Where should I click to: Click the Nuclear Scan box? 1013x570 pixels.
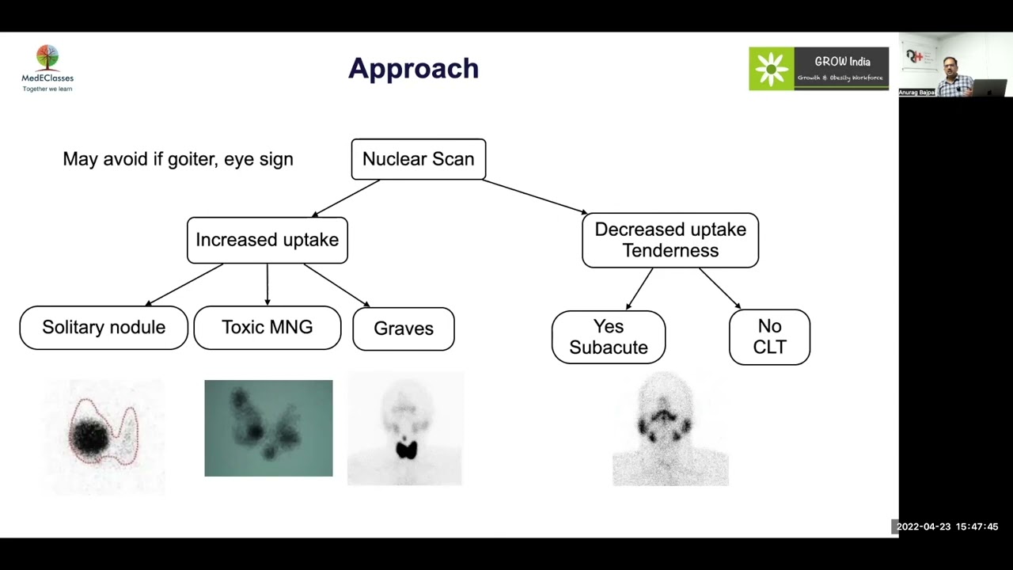pyautogui.click(x=418, y=159)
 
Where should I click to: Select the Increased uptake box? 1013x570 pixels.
pyautogui.click(x=267, y=240)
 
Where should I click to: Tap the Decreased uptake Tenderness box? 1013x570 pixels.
pyautogui.click(x=670, y=240)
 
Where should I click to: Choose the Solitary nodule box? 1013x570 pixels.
pyautogui.click(x=104, y=328)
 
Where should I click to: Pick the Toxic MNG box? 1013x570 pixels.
pyautogui.click(x=267, y=328)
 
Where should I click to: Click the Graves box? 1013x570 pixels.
pyautogui.click(x=403, y=329)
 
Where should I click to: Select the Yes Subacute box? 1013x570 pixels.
pyautogui.click(x=608, y=337)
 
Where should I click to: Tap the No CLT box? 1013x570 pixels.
pyautogui.click(x=769, y=337)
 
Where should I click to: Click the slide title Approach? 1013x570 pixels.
pyautogui.click(x=413, y=69)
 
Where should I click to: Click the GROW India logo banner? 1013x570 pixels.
pyautogui.click(x=818, y=69)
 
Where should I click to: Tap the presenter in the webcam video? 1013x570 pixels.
pyautogui.click(x=954, y=76)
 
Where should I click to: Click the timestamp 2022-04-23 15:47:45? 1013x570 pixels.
pyautogui.click(x=947, y=526)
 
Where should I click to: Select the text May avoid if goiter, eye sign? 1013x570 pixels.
pyautogui.click(x=178, y=159)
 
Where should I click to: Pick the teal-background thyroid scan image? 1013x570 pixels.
pyautogui.click(x=268, y=428)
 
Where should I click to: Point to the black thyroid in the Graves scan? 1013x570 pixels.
pyautogui.click(x=407, y=450)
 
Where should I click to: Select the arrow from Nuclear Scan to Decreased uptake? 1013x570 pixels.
pyautogui.click(x=535, y=197)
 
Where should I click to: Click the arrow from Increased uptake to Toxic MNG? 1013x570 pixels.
pyautogui.click(x=267, y=284)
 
